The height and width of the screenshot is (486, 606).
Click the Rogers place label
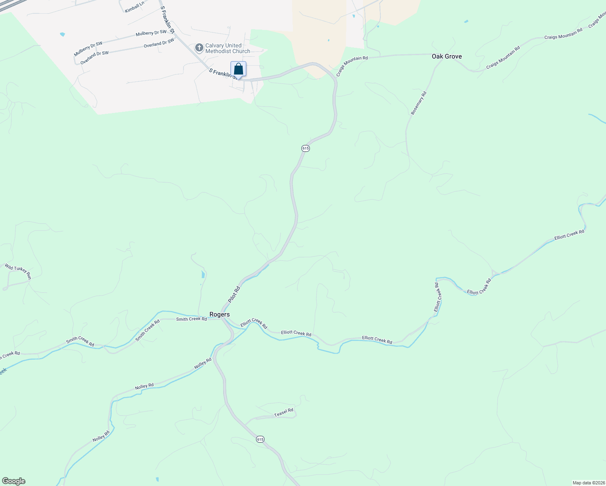click(x=220, y=314)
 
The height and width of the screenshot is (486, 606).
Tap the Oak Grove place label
click(x=446, y=56)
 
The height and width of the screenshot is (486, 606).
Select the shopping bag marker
click(x=239, y=69)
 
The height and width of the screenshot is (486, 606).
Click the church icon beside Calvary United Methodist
click(x=199, y=48)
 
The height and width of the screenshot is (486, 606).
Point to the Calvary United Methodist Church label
click(x=228, y=49)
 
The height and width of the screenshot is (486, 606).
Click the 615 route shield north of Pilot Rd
click(x=305, y=148)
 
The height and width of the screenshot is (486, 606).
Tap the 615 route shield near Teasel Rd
click(x=260, y=439)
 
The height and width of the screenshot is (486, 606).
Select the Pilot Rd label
click(x=234, y=294)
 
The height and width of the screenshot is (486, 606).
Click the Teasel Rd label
click(x=284, y=413)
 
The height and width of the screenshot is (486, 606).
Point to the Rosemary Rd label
click(x=418, y=103)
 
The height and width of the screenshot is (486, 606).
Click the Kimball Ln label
click(x=134, y=7)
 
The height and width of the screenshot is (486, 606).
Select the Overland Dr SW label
click(x=94, y=58)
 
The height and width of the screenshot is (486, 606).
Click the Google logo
click(x=14, y=481)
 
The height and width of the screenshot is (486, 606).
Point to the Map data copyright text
click(x=589, y=483)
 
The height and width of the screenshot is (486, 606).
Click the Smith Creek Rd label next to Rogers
click(x=191, y=319)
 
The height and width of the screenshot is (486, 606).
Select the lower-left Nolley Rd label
click(x=101, y=436)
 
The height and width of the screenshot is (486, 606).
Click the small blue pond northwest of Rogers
click(x=203, y=275)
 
